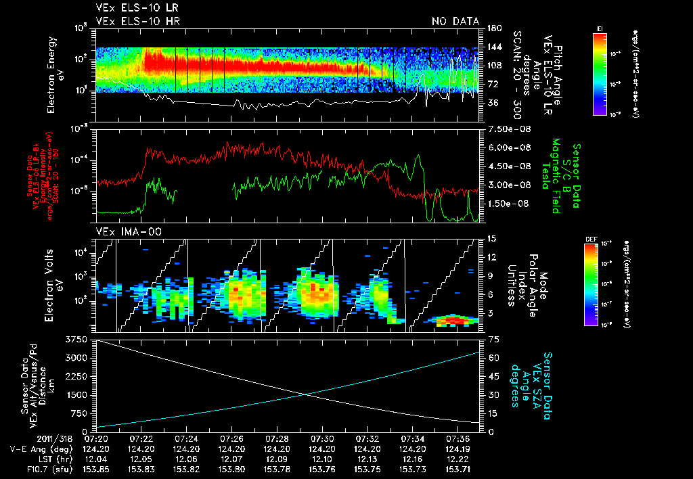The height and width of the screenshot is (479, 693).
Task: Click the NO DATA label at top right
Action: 455,22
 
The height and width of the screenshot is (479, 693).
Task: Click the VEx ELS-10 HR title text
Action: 132,22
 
